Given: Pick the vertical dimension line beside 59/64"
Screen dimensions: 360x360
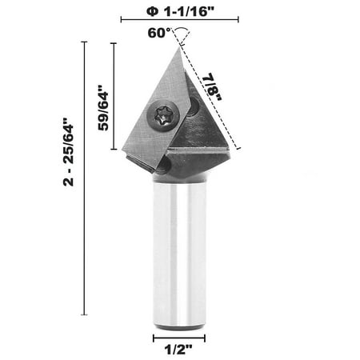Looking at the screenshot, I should click(114, 96).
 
